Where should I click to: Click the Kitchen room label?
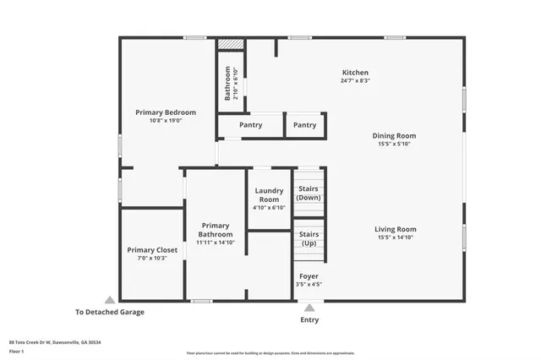pos(354,73)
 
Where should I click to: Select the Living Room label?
pos(396,229)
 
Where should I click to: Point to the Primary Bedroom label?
pos(166,112)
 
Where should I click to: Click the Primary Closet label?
pos(152,250)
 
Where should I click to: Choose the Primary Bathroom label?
pos(215,229)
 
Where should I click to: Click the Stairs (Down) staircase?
pos(309,193)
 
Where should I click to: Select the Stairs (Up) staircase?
pos(309,238)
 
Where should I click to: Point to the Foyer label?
pos(309,276)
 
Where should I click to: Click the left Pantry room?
pos(250,125)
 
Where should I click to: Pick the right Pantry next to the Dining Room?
pos(304,125)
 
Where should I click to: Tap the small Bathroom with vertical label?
pos(230,83)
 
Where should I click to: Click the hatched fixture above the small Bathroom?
pos(230,44)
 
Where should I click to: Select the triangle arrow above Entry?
pos(310,308)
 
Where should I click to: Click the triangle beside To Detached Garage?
pos(109,300)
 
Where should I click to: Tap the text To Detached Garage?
pos(109,312)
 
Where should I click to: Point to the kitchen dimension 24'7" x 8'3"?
pos(354,81)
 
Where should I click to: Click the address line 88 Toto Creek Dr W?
pos(48,342)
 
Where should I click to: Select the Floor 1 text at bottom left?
pos(17,351)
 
